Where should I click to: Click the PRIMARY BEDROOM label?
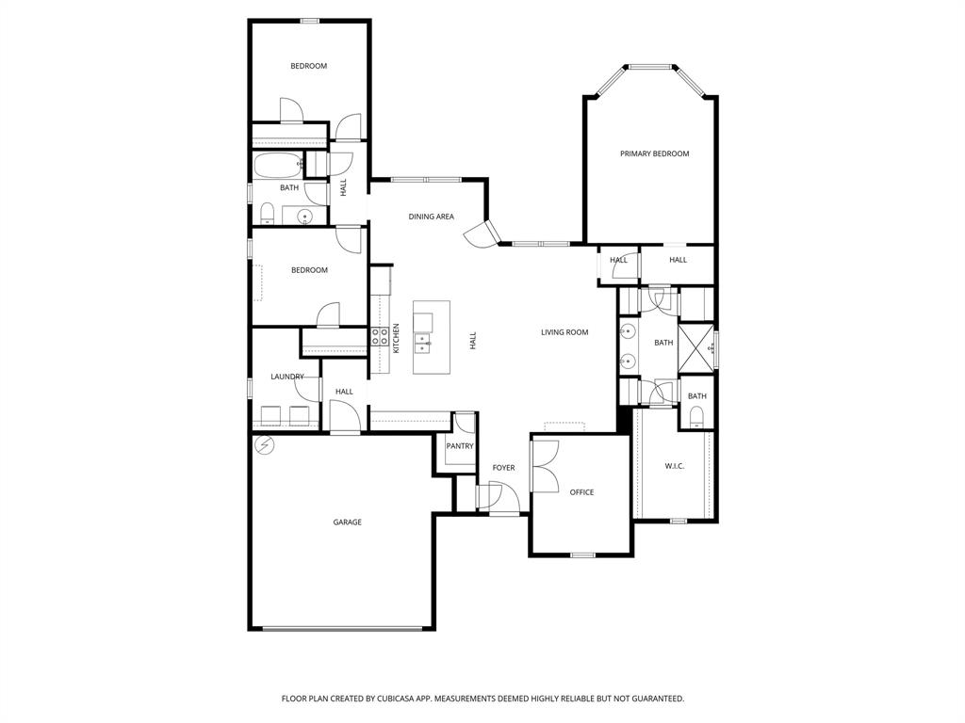point(654,153)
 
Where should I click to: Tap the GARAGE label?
point(347,522)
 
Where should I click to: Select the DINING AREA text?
point(431,217)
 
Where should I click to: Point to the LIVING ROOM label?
point(564,332)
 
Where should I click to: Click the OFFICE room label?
point(581,492)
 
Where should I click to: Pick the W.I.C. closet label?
point(674,465)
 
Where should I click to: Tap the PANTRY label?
point(460,446)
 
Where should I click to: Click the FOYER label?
point(503,468)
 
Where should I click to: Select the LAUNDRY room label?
point(287,377)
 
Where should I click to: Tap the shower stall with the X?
point(696,347)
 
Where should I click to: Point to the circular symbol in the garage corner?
point(266,445)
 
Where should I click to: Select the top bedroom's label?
point(308,66)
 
